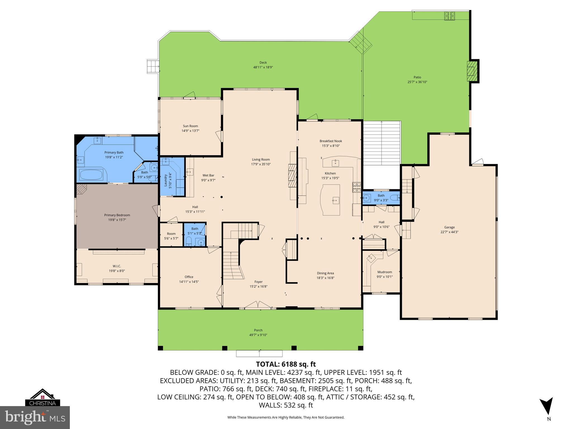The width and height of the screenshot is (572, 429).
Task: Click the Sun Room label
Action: click(190, 126)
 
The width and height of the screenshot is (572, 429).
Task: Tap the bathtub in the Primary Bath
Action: click(91, 175)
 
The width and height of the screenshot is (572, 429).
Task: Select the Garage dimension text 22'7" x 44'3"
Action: click(449, 232)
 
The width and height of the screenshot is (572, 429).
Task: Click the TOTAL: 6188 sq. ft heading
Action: click(286, 364)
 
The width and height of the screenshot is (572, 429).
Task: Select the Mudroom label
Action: click(385, 272)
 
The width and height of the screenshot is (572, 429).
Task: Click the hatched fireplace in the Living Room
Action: click(292, 175)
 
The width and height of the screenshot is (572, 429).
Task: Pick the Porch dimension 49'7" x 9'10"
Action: click(258, 335)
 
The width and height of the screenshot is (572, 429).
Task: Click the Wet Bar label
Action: click(208, 175)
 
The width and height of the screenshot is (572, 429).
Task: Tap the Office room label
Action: click(189, 277)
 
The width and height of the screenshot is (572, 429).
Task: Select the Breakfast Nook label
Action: click(331, 141)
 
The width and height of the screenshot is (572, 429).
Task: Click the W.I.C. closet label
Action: click(117, 266)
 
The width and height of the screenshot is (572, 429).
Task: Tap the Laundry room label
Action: click(165, 180)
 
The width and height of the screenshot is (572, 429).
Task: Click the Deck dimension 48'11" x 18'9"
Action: click(263, 67)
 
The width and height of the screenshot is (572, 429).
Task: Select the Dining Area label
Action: click(325, 273)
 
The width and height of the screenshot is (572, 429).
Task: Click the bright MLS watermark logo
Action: click(35, 417)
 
